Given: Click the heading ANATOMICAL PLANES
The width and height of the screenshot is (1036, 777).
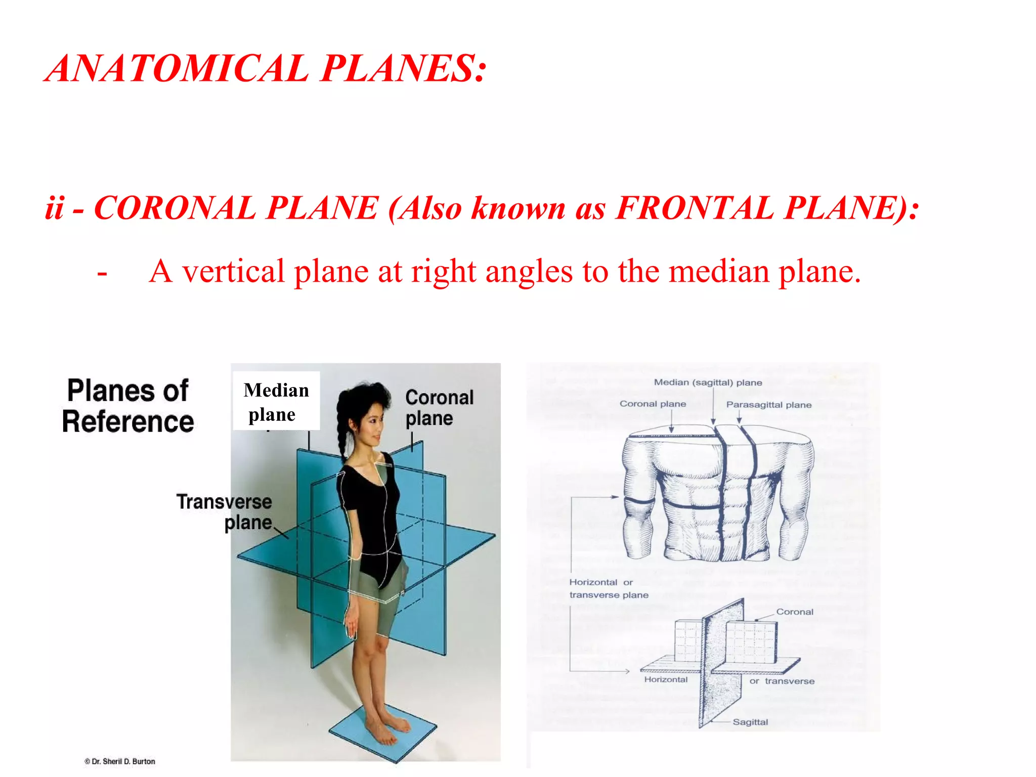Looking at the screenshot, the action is tap(266, 68).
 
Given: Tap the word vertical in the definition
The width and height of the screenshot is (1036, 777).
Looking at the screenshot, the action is tap(233, 272).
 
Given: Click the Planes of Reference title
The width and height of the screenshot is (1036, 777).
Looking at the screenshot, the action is tap(128, 406).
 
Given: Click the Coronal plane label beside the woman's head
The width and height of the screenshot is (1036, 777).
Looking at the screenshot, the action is tap(439, 408).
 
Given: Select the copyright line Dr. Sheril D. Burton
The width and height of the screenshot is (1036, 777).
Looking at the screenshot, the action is tap(120, 761).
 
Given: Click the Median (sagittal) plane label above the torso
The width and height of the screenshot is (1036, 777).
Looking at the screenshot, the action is tap(708, 382).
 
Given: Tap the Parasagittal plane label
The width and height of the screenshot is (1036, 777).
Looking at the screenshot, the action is tap(768, 405).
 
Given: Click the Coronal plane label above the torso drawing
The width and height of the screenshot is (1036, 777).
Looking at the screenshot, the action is tap(653, 404).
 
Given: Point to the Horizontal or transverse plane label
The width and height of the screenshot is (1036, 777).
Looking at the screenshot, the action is tap(609, 588).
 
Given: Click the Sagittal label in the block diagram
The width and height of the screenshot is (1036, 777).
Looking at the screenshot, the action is tap(750, 722).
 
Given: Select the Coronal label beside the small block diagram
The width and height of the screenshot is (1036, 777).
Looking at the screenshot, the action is tap(795, 612).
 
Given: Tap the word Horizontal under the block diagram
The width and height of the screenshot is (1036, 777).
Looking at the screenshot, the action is tap(666, 679).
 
